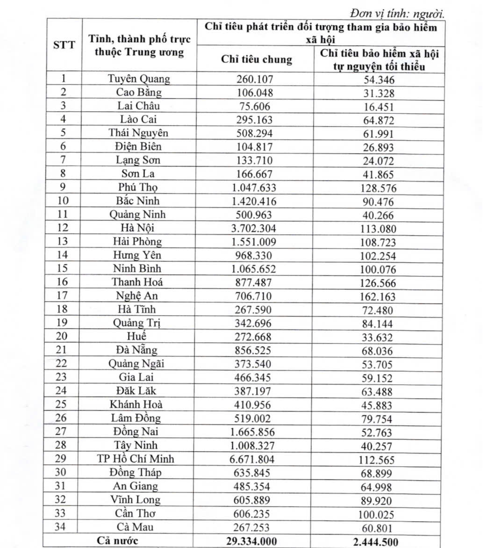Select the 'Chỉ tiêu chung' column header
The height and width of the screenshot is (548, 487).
coord(256,59)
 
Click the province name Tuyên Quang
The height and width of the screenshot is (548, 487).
coord(139,79)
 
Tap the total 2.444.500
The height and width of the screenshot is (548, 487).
coord(379,541)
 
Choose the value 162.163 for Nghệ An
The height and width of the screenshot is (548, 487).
coord(379,296)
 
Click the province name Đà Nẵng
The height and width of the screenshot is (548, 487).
coord(136,350)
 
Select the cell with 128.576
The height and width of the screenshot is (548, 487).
coord(379,188)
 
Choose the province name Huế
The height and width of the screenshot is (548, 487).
coord(136,336)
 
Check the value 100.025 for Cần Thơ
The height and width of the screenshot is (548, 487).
coord(379,515)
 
